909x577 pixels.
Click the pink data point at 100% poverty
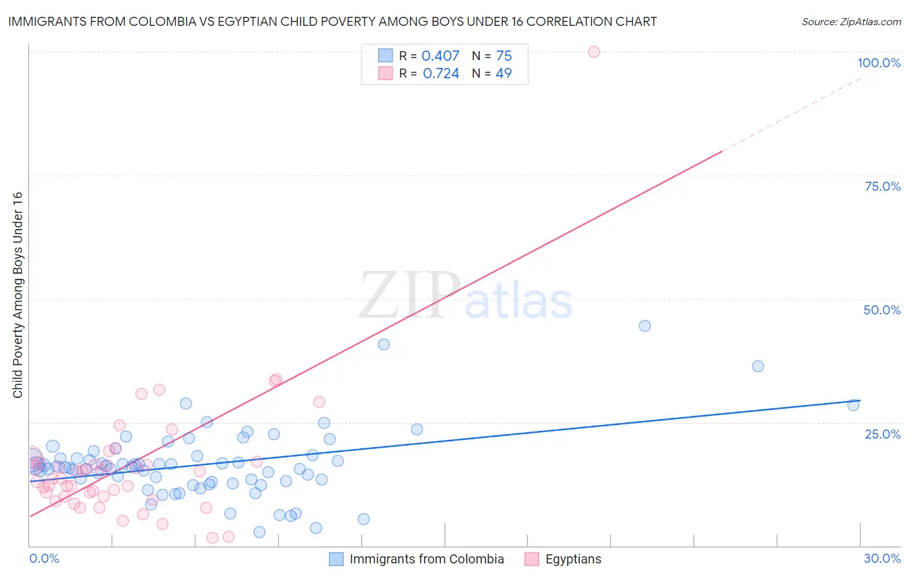coord(594,52)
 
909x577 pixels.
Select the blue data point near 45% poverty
coord(645,326)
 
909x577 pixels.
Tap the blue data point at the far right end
coord(853,405)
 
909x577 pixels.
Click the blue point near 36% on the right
coord(758,366)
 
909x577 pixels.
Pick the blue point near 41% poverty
coord(384,344)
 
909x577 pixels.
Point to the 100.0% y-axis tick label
coord(879,63)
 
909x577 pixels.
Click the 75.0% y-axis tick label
coord(882,186)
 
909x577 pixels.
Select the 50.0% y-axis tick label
coord(882,310)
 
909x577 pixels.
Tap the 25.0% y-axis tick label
coord(882,434)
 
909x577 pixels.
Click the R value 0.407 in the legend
coord(440,56)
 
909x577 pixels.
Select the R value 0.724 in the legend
coord(441,74)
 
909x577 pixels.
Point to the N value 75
coord(504,56)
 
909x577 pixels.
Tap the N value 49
coord(504,74)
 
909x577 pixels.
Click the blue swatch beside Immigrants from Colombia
coord(336,559)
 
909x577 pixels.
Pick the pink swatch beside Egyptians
coord(532,559)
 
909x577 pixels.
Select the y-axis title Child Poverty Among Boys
coord(17,295)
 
